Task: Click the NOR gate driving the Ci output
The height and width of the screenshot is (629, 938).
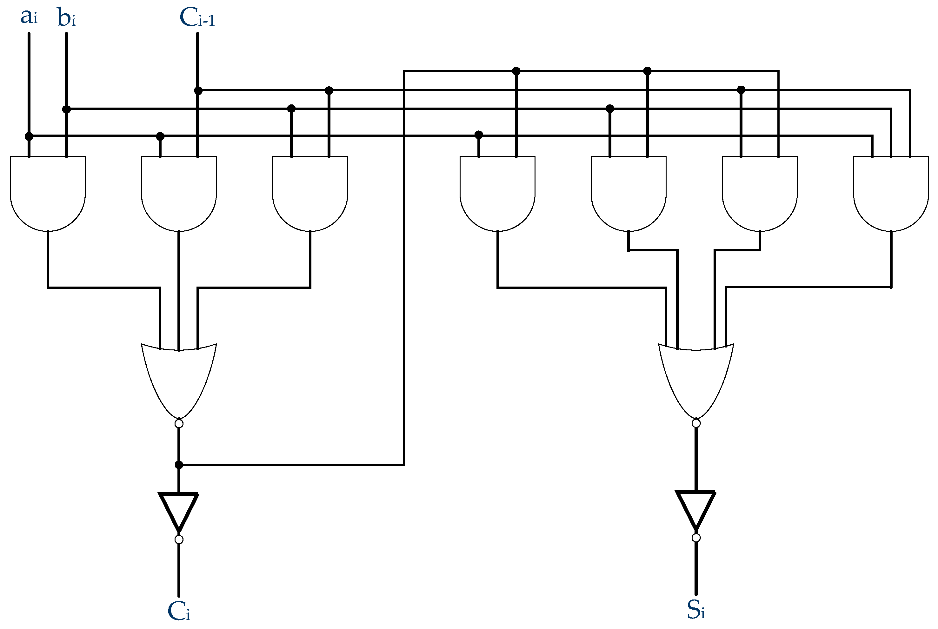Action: pyautogui.click(x=179, y=377)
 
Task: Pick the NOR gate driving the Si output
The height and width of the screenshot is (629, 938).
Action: pyautogui.click(x=696, y=377)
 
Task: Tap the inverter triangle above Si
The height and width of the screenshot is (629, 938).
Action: pyautogui.click(x=696, y=507)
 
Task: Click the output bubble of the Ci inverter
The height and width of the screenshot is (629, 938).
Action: pyautogui.click(x=179, y=540)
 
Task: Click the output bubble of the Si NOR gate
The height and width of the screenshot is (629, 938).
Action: pyautogui.click(x=696, y=424)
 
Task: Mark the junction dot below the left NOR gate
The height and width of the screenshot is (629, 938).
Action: pyautogui.click(x=179, y=465)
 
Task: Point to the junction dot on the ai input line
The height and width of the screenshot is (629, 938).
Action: pyautogui.click(x=29, y=136)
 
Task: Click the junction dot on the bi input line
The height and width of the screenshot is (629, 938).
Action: pyautogui.click(x=67, y=109)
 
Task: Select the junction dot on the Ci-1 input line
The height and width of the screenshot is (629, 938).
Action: pyautogui.click(x=198, y=91)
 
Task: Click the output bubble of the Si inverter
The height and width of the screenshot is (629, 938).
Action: pyautogui.click(x=696, y=538)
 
